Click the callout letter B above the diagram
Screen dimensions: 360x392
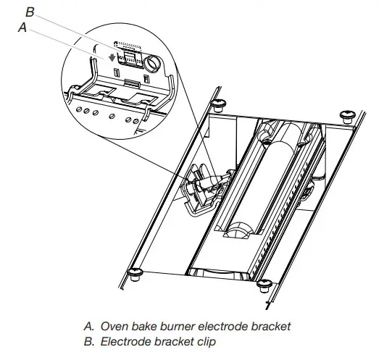(x=30, y=11)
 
